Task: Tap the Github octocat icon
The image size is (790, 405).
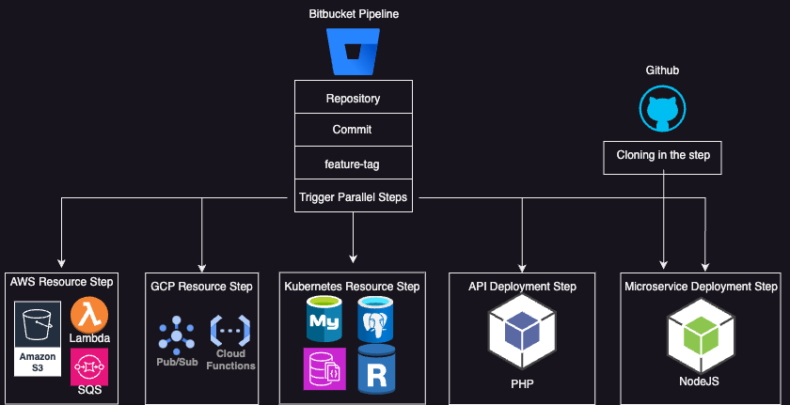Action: tap(662, 110)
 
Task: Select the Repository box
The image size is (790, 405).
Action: tap(353, 99)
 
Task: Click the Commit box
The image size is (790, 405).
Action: tap(353, 130)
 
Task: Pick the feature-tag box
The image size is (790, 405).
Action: tap(353, 163)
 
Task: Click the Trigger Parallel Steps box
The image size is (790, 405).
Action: tap(353, 197)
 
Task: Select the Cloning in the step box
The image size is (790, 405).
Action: tap(662, 155)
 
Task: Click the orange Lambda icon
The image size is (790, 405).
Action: tap(89, 315)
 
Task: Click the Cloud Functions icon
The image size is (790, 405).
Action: tap(230, 331)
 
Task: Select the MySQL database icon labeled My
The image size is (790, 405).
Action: tap(324, 319)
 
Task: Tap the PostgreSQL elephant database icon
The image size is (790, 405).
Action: tap(377, 319)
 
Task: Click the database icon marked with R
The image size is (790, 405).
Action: tap(377, 369)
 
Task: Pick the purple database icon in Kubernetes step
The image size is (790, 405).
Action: tap(324, 368)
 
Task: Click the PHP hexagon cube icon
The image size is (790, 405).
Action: tap(522, 334)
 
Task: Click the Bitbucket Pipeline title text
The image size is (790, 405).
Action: tap(353, 14)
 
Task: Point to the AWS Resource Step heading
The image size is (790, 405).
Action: tap(61, 282)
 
